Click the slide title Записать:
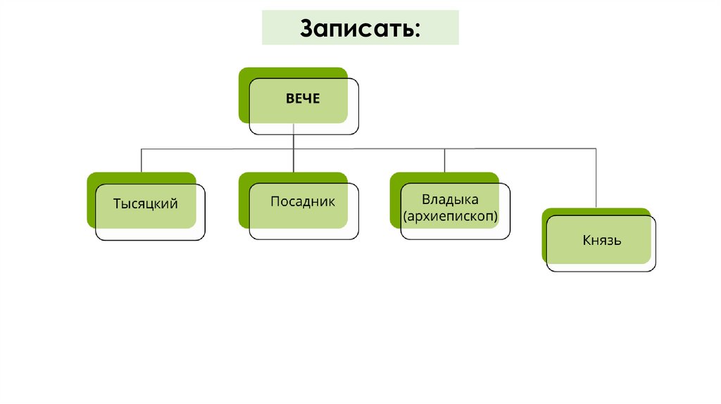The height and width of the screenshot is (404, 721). (361, 29)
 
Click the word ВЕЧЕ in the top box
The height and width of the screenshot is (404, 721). (303, 99)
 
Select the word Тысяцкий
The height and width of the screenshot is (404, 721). (145, 204)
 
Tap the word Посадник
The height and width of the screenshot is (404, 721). (303, 202)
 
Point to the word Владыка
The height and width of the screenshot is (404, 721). (450, 199)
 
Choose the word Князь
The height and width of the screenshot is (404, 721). (601, 241)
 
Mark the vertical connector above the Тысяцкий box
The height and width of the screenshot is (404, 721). (142, 160)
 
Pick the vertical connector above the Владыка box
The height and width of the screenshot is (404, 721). (444, 160)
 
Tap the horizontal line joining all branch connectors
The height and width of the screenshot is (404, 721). (366, 149)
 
